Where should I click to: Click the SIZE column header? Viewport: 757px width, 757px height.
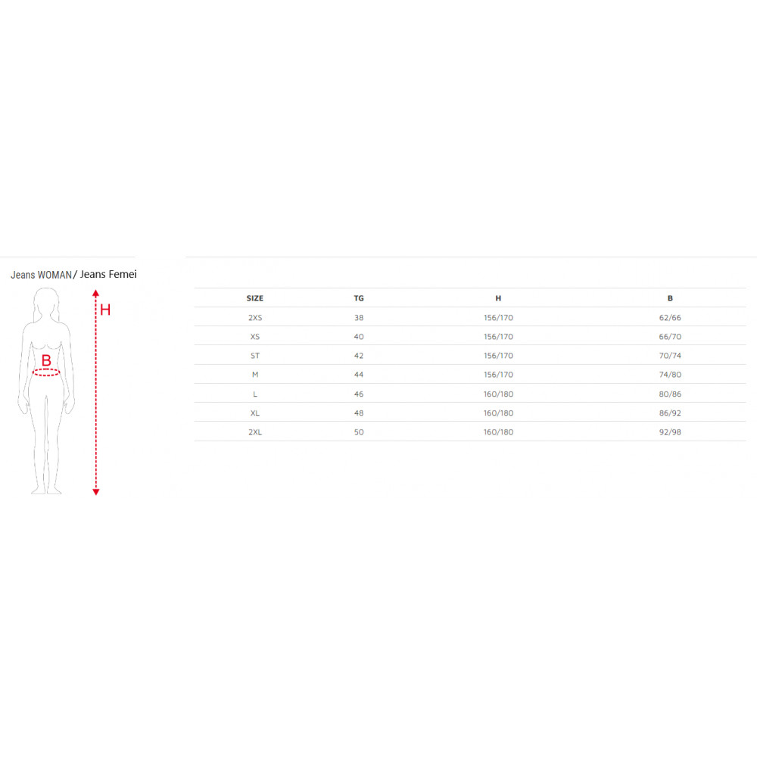(255, 298)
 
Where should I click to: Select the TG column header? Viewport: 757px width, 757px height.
(359, 298)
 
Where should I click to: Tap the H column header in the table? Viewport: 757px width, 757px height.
(498, 298)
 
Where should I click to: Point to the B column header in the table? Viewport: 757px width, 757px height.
(670, 298)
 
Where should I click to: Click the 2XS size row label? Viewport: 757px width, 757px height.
(255, 318)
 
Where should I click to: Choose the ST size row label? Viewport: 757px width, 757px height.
(255, 356)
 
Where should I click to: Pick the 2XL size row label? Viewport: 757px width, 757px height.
(255, 432)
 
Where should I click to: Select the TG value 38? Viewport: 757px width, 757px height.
(359, 318)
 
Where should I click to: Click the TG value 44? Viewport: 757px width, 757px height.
(359, 375)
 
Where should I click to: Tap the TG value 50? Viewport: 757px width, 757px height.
(359, 432)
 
